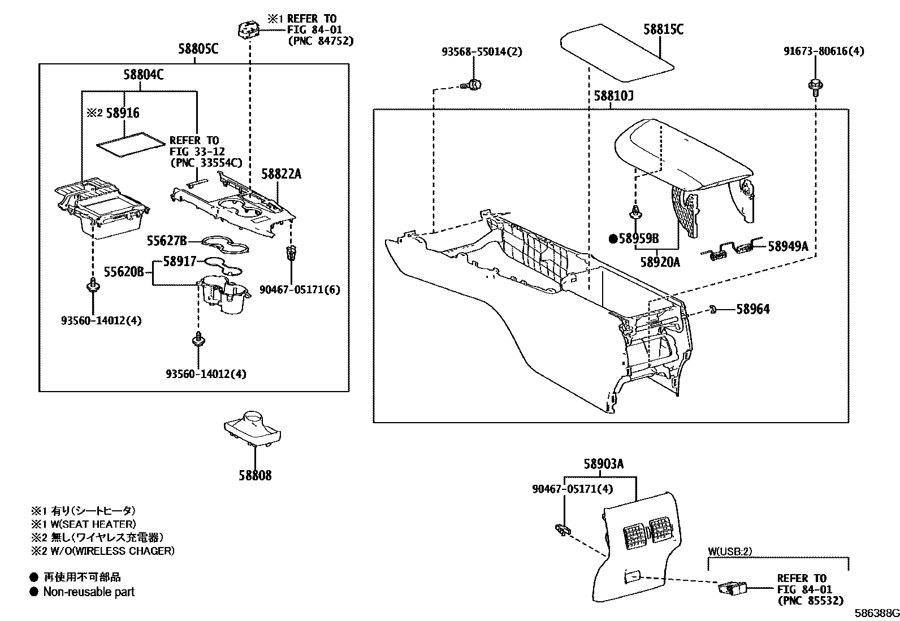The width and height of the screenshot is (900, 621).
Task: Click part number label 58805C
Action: [x=198, y=50]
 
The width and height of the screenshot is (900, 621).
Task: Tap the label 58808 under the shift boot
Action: [x=254, y=476]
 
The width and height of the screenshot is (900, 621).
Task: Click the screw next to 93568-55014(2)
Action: [x=473, y=85]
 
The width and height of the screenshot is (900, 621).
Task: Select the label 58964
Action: [x=752, y=309]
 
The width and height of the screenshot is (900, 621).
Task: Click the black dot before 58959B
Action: [x=613, y=239]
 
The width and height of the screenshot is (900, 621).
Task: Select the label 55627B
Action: [x=167, y=241]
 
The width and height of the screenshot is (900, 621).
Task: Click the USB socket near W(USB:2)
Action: [x=732, y=589]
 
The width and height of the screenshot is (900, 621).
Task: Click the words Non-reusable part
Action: [x=89, y=592]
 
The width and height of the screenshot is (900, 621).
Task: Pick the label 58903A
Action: [x=603, y=464]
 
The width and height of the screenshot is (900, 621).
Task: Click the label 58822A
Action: [x=281, y=174]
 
